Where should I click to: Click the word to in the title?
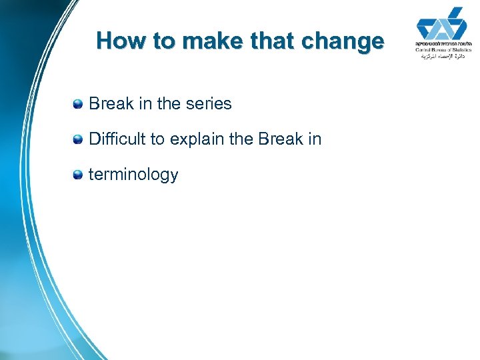(164, 41)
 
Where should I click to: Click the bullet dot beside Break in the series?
(78, 104)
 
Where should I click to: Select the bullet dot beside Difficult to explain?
(78, 139)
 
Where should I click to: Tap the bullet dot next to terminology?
(78, 175)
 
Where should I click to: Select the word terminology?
(133, 175)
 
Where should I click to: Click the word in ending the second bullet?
(315, 139)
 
